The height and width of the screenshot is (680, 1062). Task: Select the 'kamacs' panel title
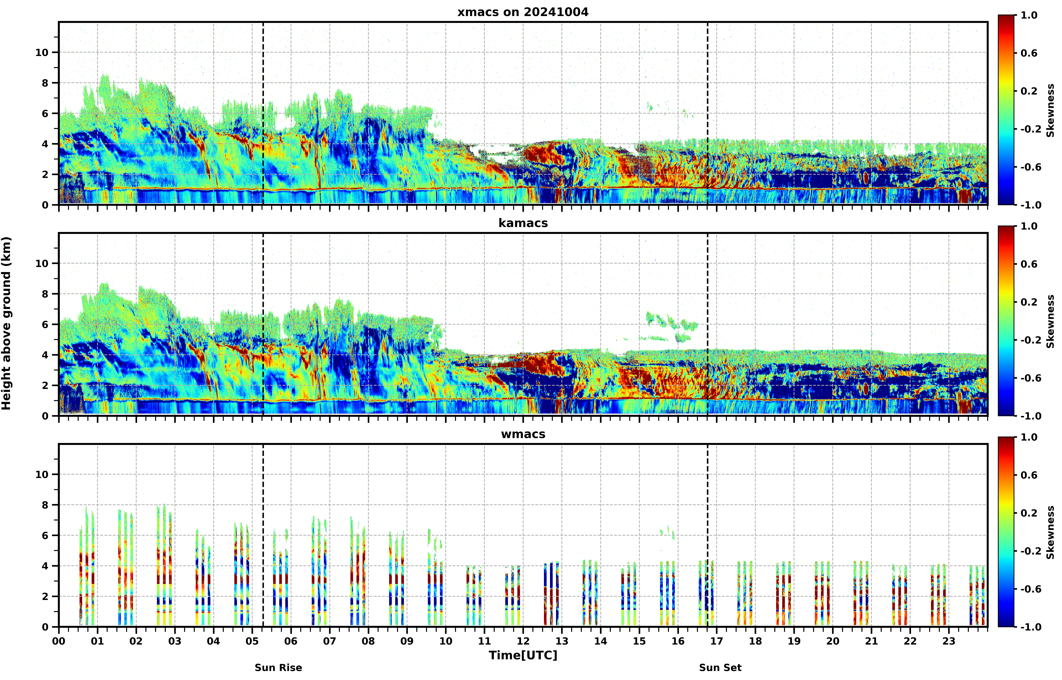tap(523, 223)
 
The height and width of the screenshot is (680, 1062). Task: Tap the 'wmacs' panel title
tap(523, 434)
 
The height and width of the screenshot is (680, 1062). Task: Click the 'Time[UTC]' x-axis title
tap(523, 655)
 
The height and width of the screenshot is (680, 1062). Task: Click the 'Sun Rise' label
tap(278, 668)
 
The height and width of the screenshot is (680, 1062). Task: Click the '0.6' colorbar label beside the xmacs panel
tap(1029, 53)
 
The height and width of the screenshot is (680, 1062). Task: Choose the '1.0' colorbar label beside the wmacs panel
tap(1029, 437)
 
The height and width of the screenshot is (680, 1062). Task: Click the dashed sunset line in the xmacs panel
tap(708, 113)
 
